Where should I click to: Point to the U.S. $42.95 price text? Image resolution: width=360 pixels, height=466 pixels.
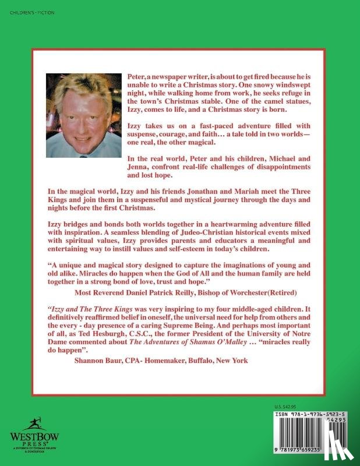[285, 407]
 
